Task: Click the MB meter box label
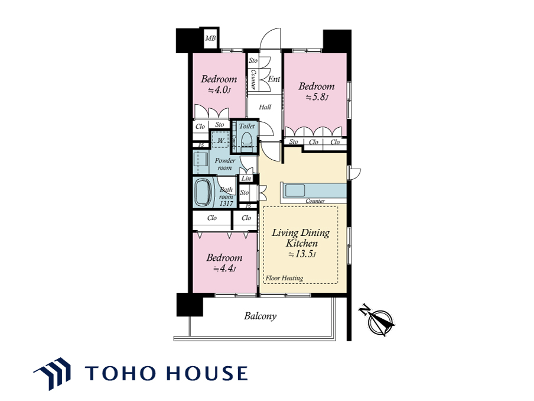[x=210, y=38]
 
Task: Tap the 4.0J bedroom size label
[x=219, y=90]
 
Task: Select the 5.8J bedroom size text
[x=317, y=98]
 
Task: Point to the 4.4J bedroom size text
[x=224, y=269]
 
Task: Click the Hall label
[x=265, y=107]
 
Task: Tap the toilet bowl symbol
[x=246, y=139]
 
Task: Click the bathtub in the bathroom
[x=203, y=193]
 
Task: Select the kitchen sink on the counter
[x=295, y=190]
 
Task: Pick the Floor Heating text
[x=284, y=278]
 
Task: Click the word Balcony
[x=260, y=316]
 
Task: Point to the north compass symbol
[x=377, y=319]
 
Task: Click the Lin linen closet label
[x=246, y=179]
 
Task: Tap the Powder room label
[x=225, y=164]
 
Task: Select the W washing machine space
[x=221, y=140]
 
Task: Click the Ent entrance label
[x=274, y=79]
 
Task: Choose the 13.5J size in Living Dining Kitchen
[x=302, y=254]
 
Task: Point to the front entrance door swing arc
[x=270, y=34]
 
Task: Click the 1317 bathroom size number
[x=226, y=203]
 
